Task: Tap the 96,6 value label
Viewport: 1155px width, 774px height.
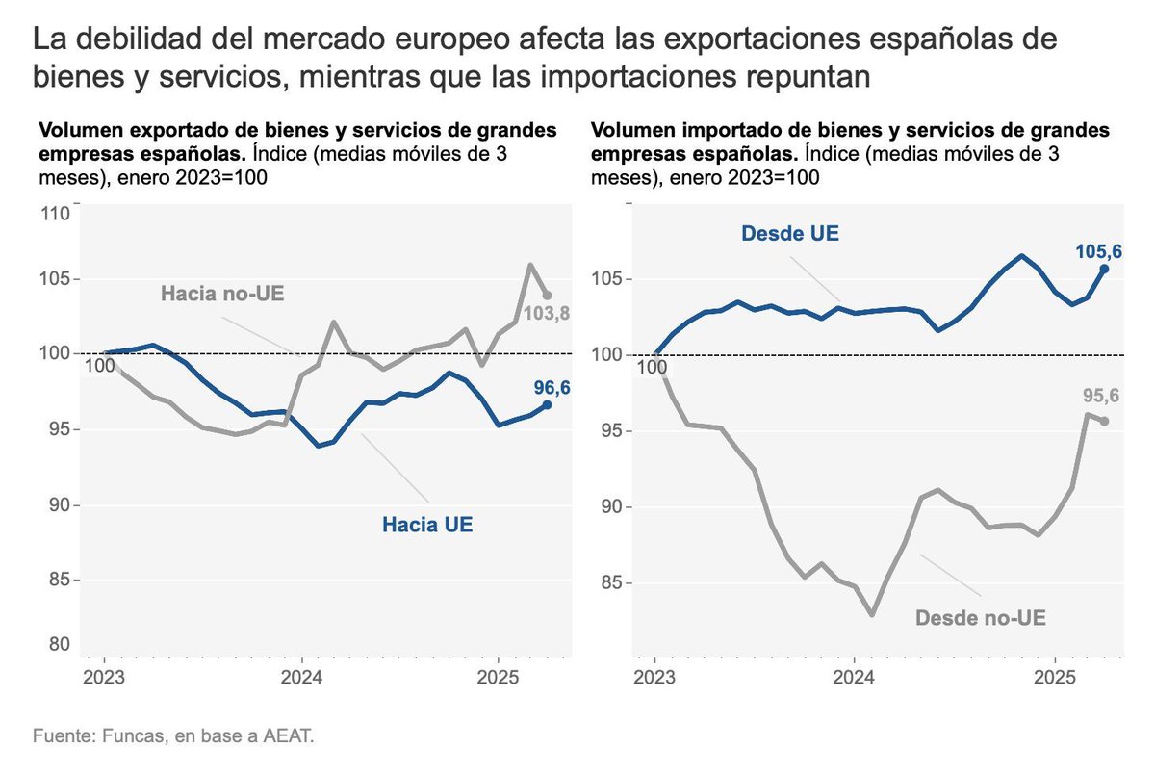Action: click(552, 388)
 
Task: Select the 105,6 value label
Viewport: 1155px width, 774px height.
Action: click(1098, 252)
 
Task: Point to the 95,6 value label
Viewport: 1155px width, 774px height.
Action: click(1098, 396)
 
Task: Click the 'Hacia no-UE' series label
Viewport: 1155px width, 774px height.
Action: click(222, 293)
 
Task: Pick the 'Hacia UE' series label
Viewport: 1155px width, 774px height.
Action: click(427, 526)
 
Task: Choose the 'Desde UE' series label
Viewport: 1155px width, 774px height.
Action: click(790, 233)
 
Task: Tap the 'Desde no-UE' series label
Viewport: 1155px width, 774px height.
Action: click(980, 617)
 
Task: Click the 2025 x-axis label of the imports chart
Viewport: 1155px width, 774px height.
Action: click(1054, 677)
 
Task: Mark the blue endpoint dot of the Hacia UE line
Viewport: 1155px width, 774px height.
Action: click(547, 405)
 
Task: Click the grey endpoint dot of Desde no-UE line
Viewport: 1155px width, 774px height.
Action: click(1104, 421)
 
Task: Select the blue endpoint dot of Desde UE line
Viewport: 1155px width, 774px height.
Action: click(1104, 270)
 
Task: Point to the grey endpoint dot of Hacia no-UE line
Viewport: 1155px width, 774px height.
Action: click(547, 296)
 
